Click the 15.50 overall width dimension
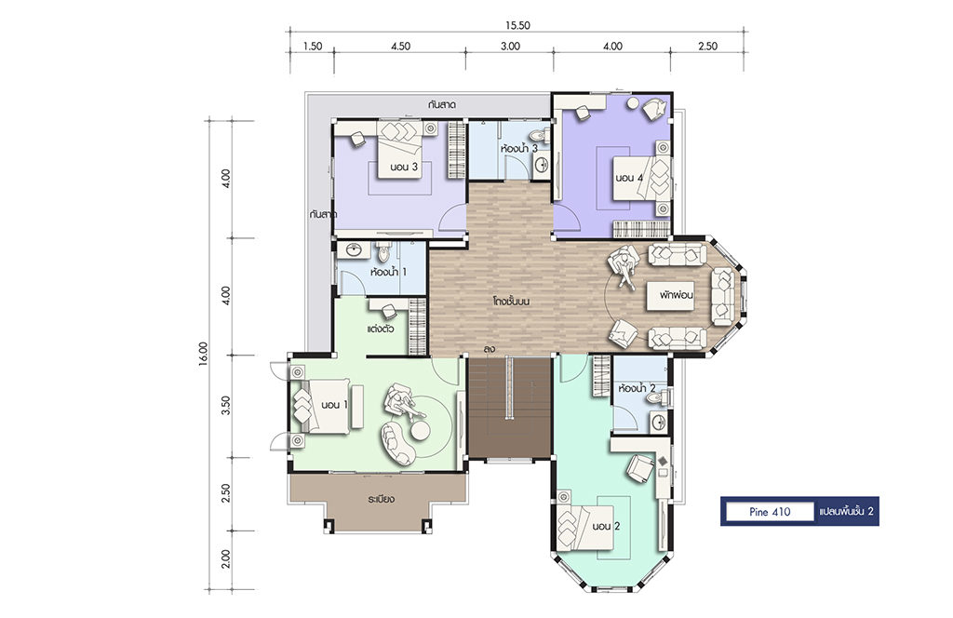[517, 25]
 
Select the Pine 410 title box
[770, 512]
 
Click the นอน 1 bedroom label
[334, 405]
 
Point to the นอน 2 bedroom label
[606, 526]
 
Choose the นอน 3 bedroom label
[404, 168]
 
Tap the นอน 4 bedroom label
[629, 178]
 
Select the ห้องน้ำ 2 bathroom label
[637, 388]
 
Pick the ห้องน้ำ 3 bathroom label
[519, 148]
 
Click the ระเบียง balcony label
[381, 499]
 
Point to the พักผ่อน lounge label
[677, 295]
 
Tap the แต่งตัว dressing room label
[381, 329]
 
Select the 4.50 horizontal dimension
[400, 47]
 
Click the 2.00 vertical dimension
[226, 558]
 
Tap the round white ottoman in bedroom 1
[420, 430]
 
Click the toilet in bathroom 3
[537, 134]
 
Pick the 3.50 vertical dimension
[226, 405]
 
